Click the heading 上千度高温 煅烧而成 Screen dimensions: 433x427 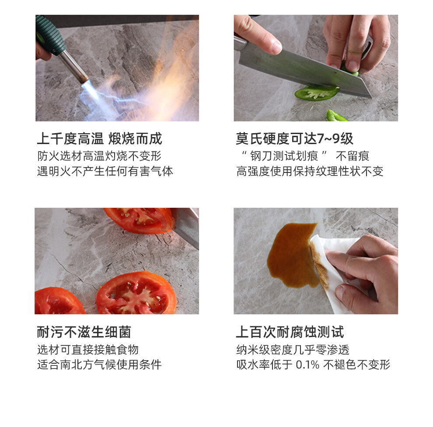tap(99, 138)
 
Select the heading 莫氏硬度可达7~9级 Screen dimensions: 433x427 tap(294, 138)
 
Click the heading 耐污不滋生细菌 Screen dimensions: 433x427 tap(84, 332)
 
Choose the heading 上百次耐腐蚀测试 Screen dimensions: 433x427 tap(290, 332)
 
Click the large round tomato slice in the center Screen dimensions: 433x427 tap(136, 293)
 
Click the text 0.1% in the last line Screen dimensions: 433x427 tap(307, 365)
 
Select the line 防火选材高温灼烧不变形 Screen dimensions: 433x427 tap(99, 156)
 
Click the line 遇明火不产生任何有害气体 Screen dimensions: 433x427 tap(105, 171)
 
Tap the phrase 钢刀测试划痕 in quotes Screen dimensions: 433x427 tap(284, 156)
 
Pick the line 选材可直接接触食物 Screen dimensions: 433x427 tap(88, 350)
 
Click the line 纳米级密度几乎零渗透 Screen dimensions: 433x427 tap(293, 350)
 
